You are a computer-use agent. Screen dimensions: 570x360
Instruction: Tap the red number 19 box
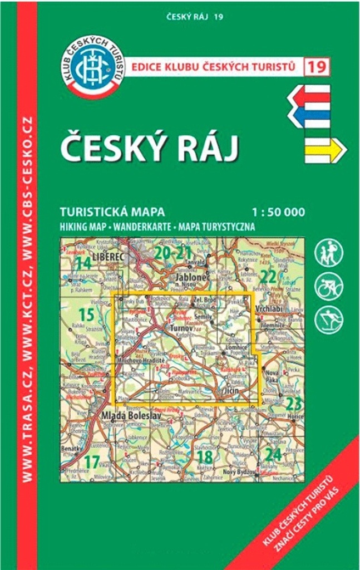[x=317, y=67]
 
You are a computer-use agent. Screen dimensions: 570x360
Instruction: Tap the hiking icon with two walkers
[x=329, y=253]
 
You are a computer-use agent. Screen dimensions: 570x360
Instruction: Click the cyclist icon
[x=329, y=287]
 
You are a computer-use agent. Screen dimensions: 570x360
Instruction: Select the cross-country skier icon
[x=329, y=321]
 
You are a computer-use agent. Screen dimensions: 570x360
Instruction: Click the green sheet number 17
[x=93, y=461]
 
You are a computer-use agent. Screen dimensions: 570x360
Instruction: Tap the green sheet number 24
[x=273, y=454]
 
